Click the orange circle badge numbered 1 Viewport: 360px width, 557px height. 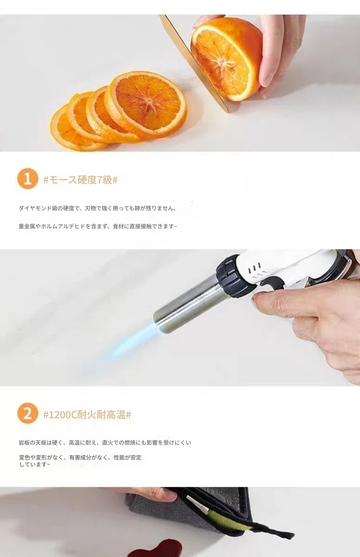27,179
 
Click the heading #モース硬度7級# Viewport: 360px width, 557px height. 81,180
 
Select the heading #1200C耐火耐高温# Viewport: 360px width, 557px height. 87,415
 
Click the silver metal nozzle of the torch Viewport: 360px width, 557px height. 187,304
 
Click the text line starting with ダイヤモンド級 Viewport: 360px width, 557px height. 97,208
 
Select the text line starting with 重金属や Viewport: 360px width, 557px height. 98,227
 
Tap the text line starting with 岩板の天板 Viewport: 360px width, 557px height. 105,443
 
